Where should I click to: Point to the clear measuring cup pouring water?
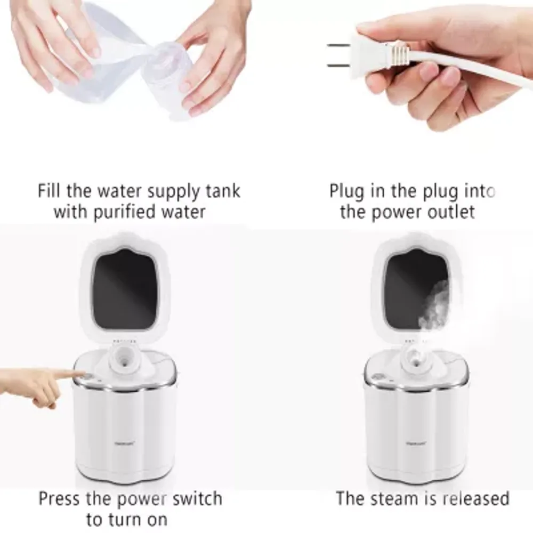pos(96,48)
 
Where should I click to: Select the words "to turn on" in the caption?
pos(126,519)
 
